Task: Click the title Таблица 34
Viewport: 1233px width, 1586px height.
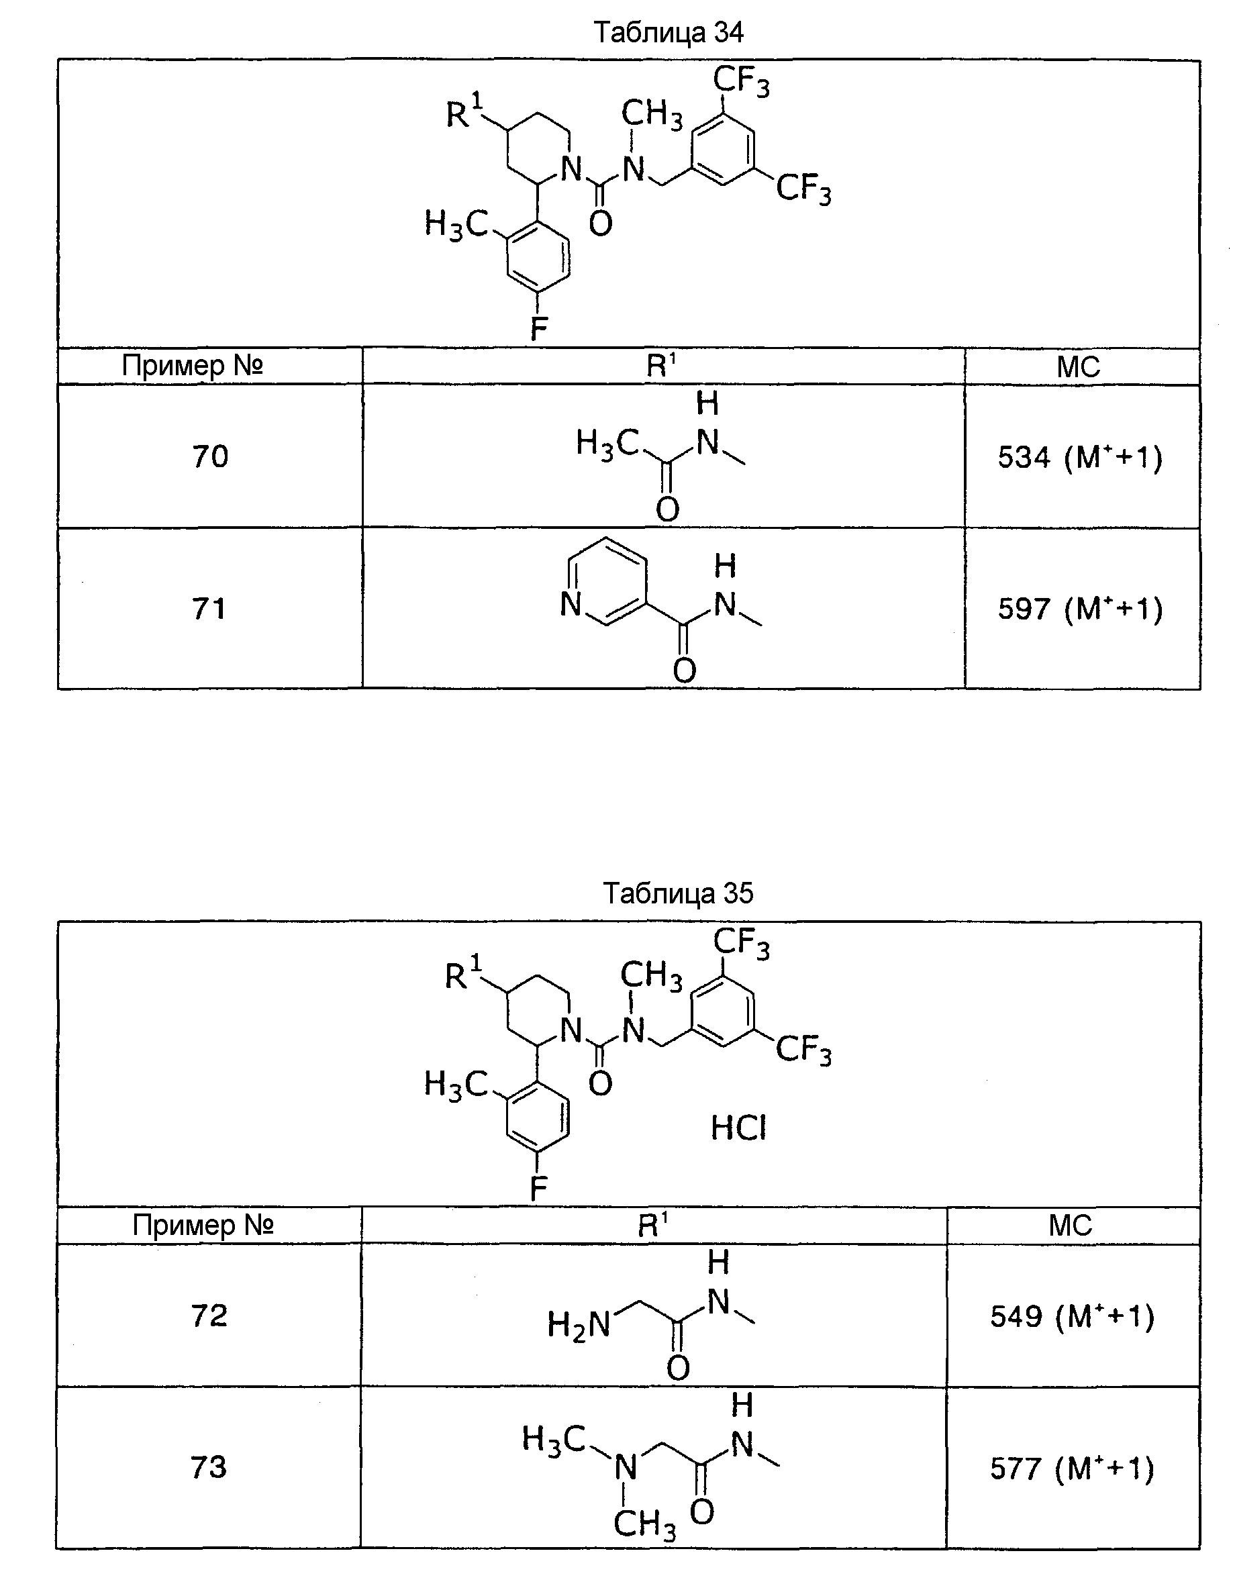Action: pos(669,33)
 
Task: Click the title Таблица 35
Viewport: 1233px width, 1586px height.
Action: pos(678,893)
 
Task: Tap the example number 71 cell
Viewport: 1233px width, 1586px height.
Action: pos(209,608)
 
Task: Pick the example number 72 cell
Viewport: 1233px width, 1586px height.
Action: pos(209,1315)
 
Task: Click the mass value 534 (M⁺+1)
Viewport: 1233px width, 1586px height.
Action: pos(1080,458)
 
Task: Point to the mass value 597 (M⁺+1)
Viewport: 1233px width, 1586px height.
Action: pos(1080,609)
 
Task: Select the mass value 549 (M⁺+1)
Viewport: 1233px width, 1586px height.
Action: pos(1073,1316)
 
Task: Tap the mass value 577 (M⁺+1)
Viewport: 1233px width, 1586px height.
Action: pos(1073,1469)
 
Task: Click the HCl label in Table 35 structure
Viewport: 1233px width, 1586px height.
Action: pos(738,1128)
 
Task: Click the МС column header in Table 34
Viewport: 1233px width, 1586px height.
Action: pos(1079,366)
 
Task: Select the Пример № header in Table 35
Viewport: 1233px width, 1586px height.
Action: pos(203,1225)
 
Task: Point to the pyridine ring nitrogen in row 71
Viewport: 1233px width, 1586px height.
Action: pos(571,604)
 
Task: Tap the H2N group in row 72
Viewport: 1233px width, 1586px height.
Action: pos(579,1324)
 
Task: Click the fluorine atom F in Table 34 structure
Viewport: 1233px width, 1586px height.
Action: pos(538,329)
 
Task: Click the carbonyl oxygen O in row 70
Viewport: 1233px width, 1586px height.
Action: pos(667,510)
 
